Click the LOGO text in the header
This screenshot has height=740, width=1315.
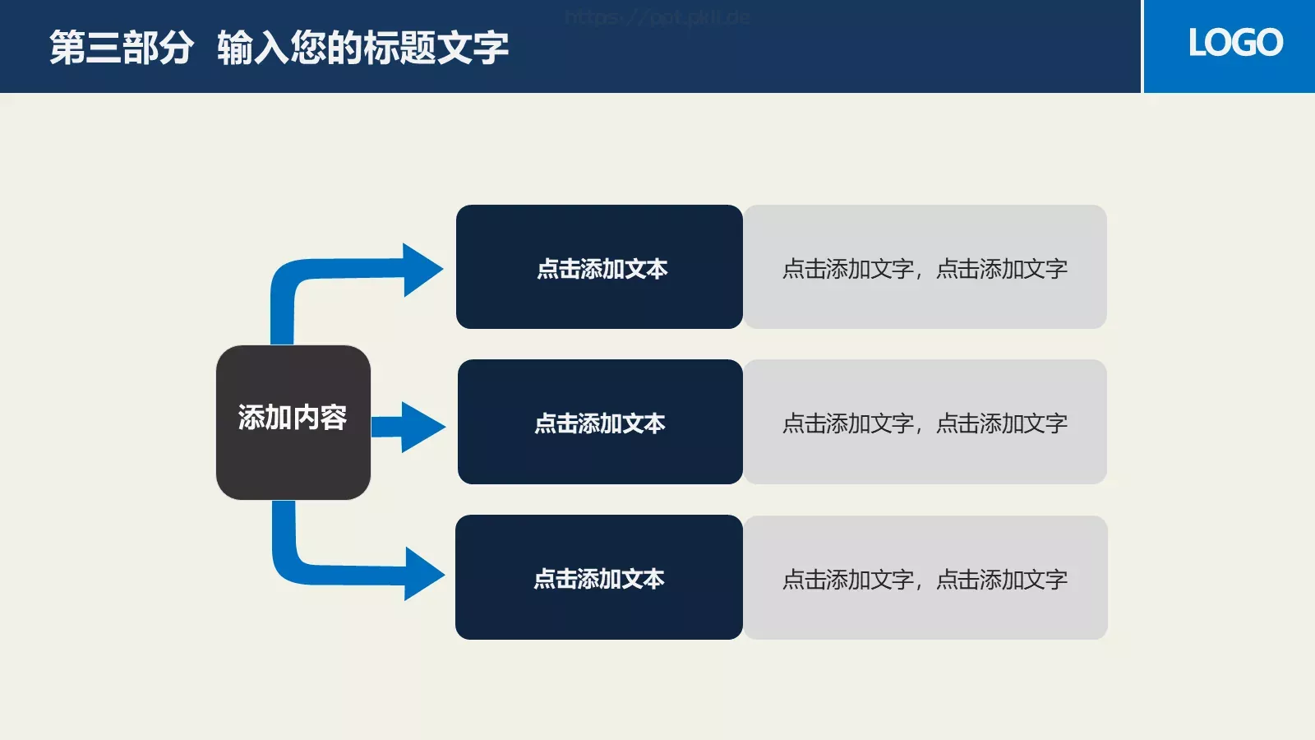tap(1234, 43)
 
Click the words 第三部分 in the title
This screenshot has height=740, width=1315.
tap(122, 48)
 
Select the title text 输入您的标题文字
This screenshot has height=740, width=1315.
tap(362, 48)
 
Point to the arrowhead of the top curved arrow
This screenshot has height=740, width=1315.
tap(422, 270)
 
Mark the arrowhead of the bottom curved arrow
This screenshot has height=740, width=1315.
tap(423, 574)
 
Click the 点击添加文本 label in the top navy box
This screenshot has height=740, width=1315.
tap(602, 269)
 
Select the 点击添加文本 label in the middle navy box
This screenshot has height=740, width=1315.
tap(599, 423)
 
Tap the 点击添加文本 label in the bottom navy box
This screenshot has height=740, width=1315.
tap(598, 579)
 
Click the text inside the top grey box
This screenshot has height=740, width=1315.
tap(925, 269)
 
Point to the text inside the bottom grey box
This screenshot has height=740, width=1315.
tap(925, 580)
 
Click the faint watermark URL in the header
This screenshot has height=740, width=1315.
tap(657, 17)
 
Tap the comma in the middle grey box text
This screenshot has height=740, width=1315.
tap(919, 429)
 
